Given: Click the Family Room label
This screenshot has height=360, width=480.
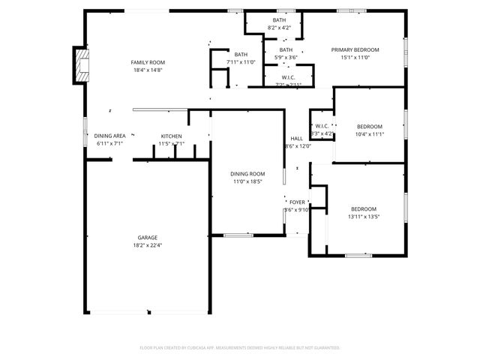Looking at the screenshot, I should (148, 62).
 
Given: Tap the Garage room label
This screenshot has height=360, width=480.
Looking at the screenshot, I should (147, 237).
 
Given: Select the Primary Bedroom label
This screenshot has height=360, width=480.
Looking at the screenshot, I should (355, 49).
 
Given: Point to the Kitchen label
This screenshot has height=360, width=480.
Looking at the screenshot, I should (171, 136).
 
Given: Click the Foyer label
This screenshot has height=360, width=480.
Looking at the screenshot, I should (298, 202).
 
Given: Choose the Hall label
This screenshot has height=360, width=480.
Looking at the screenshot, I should (297, 139).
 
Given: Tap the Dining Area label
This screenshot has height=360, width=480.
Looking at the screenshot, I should (109, 136).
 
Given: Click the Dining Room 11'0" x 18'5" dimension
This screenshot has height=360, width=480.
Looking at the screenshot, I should (247, 181).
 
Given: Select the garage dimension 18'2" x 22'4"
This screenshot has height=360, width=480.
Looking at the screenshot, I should (147, 244).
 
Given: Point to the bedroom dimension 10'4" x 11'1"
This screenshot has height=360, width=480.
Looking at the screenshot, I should (369, 134).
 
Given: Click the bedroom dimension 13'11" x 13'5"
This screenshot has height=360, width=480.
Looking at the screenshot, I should (364, 217).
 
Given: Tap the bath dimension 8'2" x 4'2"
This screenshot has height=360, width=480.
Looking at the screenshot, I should (279, 28).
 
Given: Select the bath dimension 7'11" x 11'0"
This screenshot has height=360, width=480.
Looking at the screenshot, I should (241, 62).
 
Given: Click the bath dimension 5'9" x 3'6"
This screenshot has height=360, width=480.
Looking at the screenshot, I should (284, 57).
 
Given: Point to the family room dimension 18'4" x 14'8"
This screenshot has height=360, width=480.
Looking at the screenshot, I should (148, 70).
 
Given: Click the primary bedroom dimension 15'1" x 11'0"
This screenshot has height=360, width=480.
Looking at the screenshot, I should (355, 57).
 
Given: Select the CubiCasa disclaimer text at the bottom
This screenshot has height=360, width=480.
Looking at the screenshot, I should (240, 348).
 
